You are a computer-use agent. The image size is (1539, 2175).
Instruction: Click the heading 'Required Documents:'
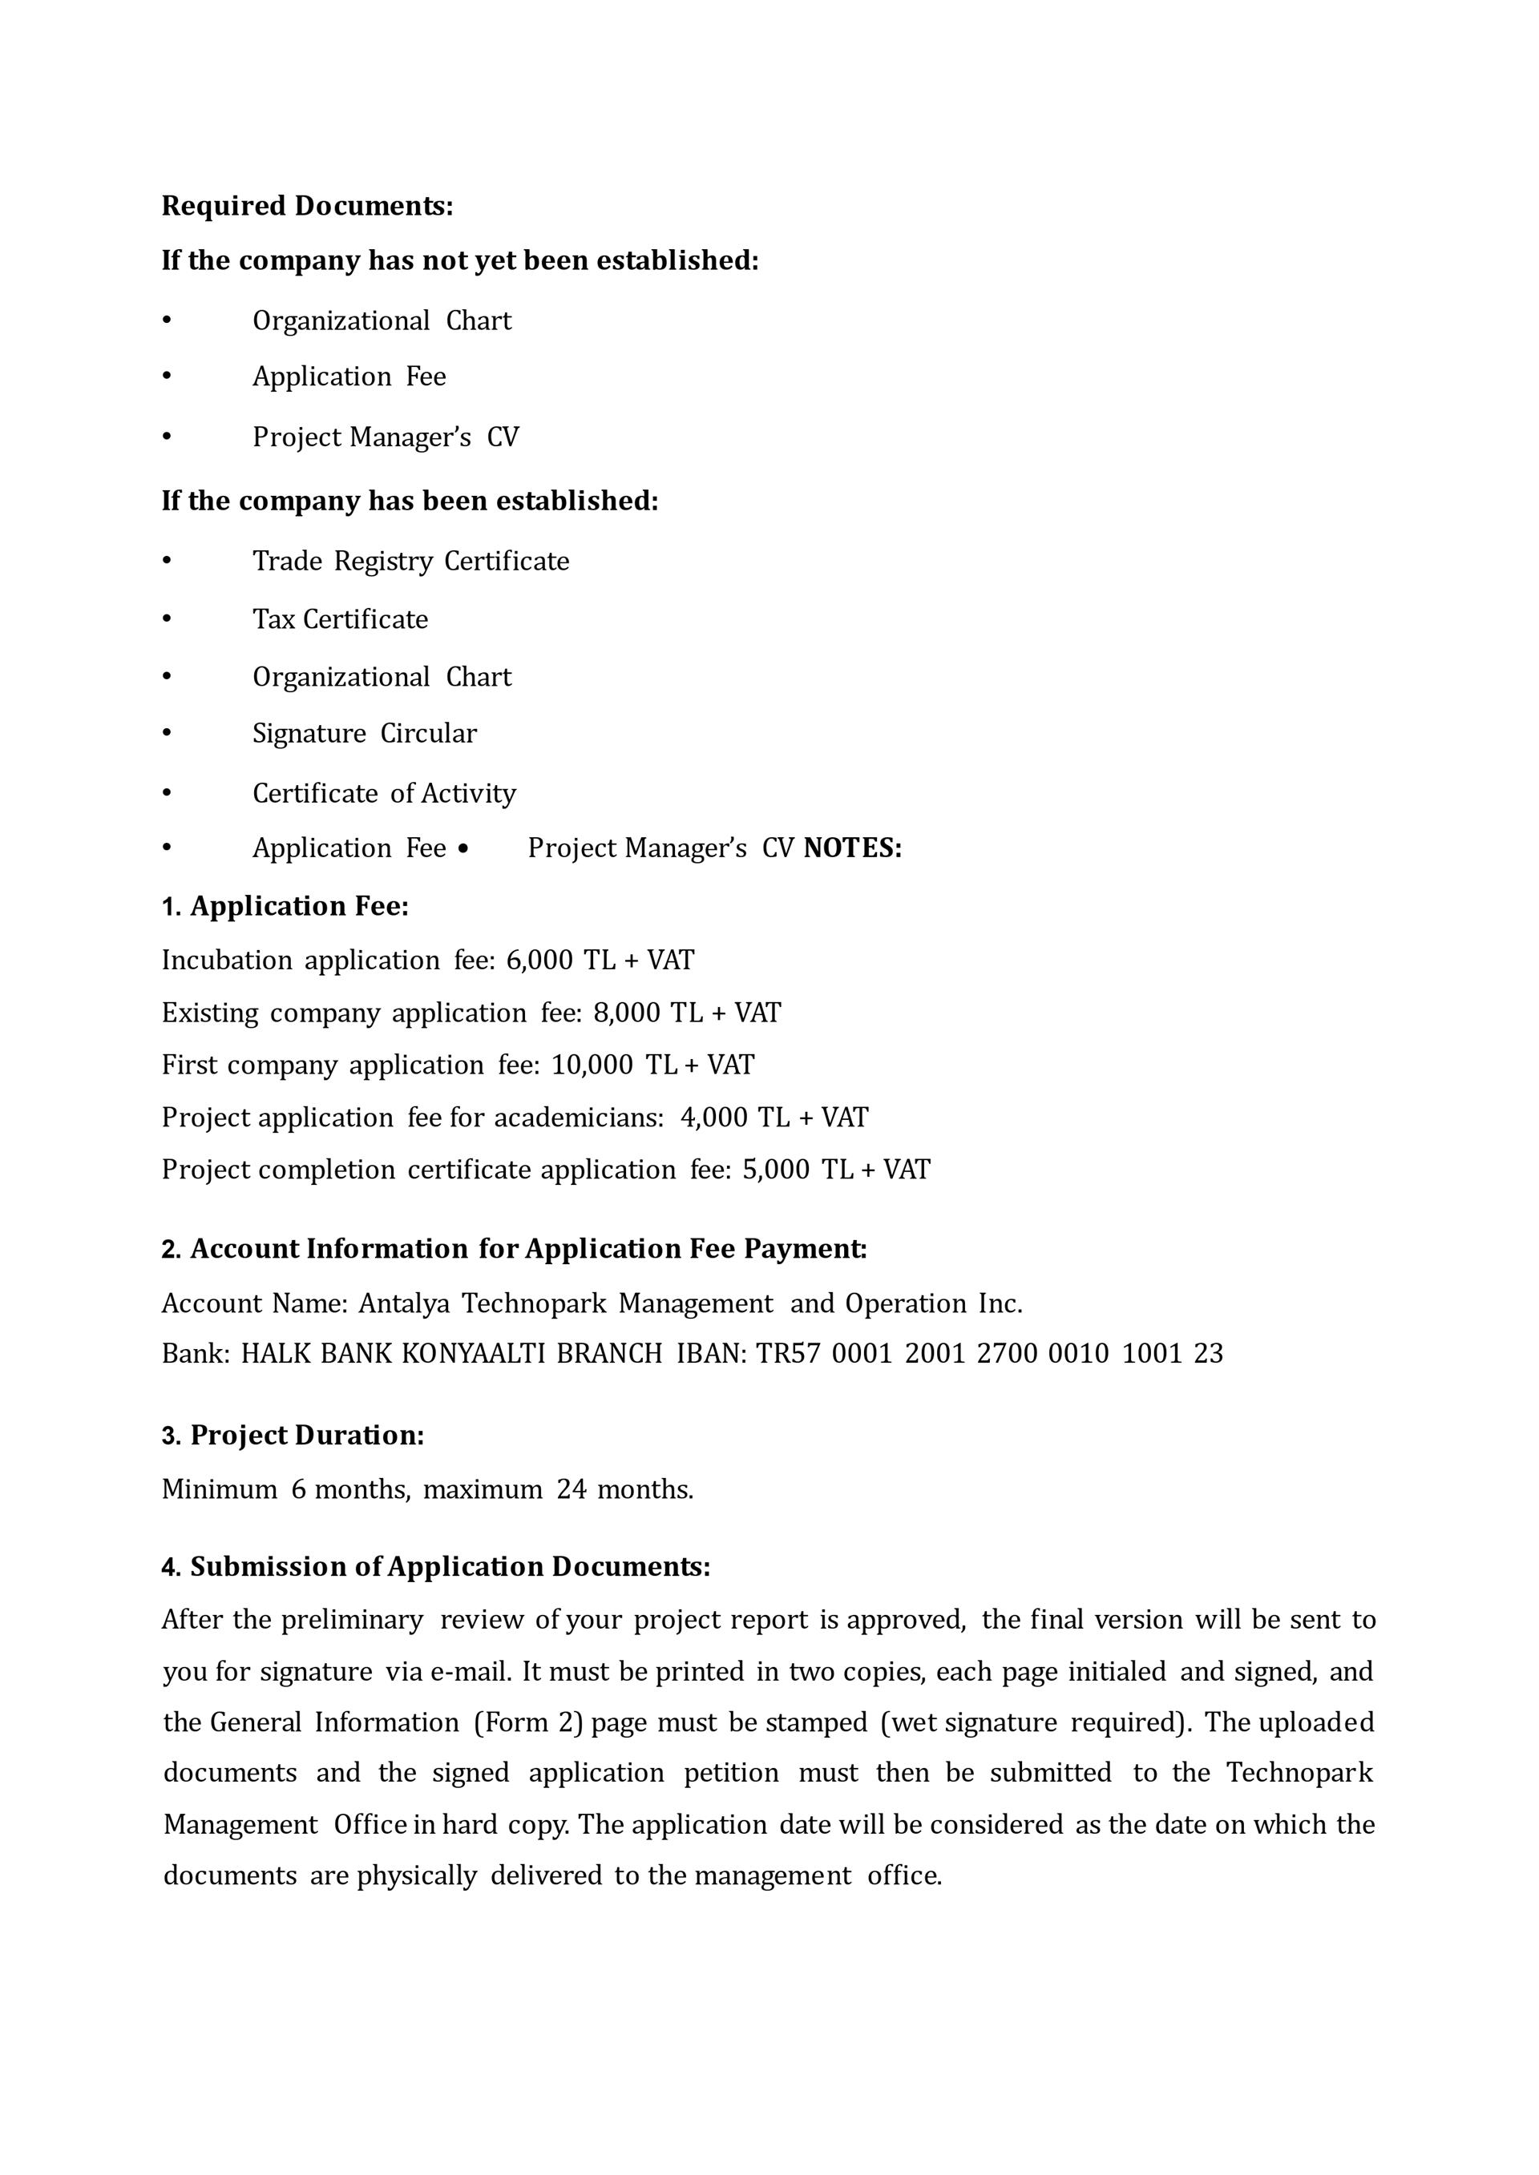coord(307,206)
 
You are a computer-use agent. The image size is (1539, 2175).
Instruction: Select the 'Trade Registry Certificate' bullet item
coord(410,561)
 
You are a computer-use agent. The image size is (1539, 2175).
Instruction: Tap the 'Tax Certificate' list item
coord(340,619)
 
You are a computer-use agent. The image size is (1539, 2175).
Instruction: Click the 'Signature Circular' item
coord(365,733)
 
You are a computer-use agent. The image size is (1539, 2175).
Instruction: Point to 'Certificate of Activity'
coord(384,793)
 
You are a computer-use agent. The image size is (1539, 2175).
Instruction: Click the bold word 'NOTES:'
coord(853,848)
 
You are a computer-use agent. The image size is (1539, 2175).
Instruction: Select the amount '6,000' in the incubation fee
coord(539,961)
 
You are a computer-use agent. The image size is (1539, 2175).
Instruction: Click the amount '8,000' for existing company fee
coord(626,1013)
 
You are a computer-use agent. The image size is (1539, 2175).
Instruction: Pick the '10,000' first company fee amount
coord(592,1065)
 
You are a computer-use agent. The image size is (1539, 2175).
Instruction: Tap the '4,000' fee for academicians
coord(713,1118)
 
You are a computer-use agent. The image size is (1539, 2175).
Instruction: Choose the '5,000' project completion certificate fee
coord(775,1170)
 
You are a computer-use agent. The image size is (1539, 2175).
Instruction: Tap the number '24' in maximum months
coord(572,1489)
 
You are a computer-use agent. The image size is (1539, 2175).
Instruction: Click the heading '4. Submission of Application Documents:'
coord(436,1567)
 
